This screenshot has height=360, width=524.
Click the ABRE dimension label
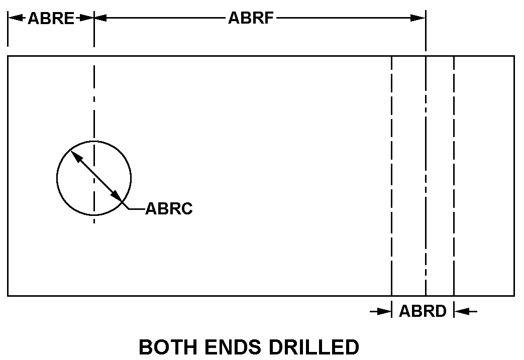pos(51,18)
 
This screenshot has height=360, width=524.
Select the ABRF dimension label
pos(251,18)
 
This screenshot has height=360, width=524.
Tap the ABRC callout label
pos(169,208)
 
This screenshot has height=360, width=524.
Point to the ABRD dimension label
pos(423,311)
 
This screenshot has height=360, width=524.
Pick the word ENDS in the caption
pos(233,347)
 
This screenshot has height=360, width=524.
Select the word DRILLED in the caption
pos(314,347)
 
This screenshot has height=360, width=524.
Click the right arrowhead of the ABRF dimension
pos(418,18)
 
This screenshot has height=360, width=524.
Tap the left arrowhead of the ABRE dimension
pos(16,18)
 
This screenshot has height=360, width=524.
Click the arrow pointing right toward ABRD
pos(381,312)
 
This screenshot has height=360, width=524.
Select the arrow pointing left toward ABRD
pos(466,312)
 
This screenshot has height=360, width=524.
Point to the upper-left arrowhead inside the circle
pos(76,156)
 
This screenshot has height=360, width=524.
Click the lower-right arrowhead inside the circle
pos(116,196)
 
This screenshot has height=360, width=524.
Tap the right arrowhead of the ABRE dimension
pos(86,18)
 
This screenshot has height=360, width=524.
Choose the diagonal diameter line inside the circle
pos(96,176)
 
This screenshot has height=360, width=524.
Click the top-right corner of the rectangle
pos(514,56)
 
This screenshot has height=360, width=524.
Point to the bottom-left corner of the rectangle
pos(8,296)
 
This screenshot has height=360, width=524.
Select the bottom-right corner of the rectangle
pos(514,296)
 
